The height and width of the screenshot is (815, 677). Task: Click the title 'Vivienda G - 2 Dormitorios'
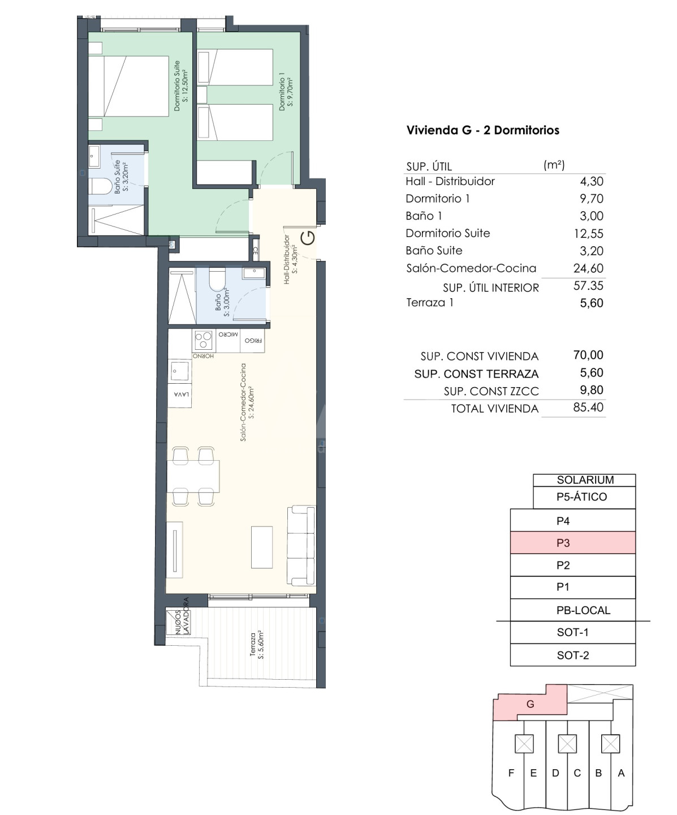tap(483, 130)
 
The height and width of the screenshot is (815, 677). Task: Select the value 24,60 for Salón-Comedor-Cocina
tap(588, 268)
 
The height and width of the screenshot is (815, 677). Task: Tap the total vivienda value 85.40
tap(588, 407)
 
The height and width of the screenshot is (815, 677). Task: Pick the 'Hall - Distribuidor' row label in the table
tap(450, 181)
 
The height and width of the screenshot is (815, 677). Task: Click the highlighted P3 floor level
tap(573, 543)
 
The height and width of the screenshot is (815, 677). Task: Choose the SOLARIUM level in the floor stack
tap(585, 480)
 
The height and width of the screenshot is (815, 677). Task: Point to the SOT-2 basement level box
tap(573, 655)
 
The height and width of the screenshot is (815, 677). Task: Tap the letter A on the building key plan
tap(621, 773)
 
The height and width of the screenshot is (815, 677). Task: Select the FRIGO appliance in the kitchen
tap(253, 340)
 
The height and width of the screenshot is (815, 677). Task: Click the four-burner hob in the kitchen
tap(203, 340)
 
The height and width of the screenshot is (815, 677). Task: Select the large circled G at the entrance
tap(308, 238)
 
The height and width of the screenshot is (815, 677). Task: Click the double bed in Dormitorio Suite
tap(128, 86)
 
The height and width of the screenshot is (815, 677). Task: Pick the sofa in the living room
tap(301, 546)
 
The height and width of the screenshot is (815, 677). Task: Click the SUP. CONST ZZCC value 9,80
tap(592, 390)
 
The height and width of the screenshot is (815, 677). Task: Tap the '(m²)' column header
tap(554, 165)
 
